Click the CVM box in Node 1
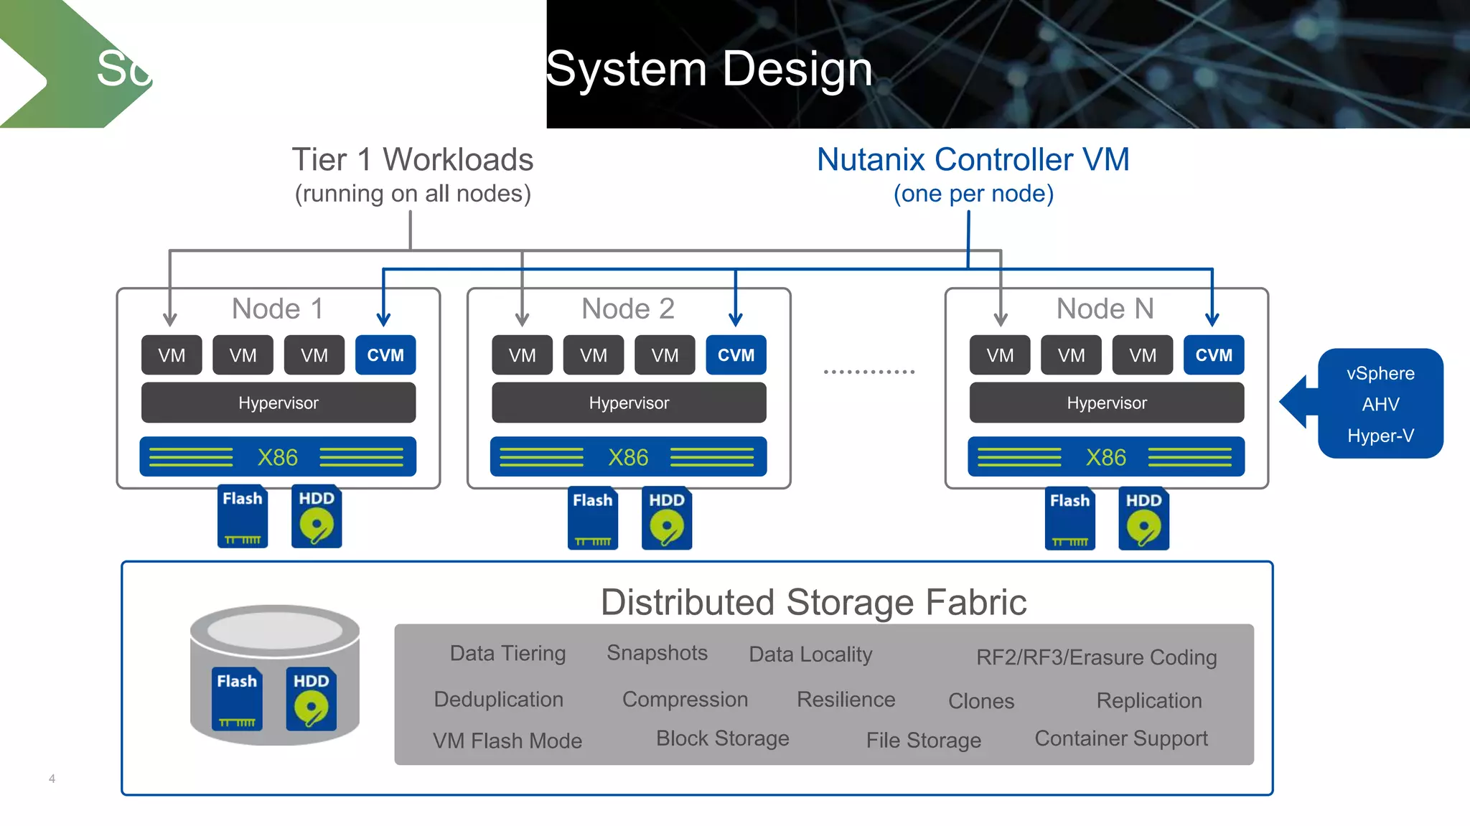(385, 355)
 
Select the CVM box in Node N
(1213, 355)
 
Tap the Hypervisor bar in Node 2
(629, 403)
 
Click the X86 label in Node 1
(278, 457)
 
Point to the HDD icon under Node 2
(667, 519)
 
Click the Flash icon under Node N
(1069, 519)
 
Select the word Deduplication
(498, 699)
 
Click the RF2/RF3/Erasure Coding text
(1096, 657)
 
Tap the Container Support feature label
(1120, 738)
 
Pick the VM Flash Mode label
(507, 741)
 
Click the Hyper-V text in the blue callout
(1380, 436)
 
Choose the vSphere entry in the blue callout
(1380, 373)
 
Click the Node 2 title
(628, 309)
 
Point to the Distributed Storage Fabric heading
(813, 602)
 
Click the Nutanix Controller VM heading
(973, 159)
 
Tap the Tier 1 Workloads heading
(412, 159)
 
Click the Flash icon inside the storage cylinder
(237, 699)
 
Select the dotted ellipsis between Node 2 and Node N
(869, 372)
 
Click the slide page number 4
(52, 779)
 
